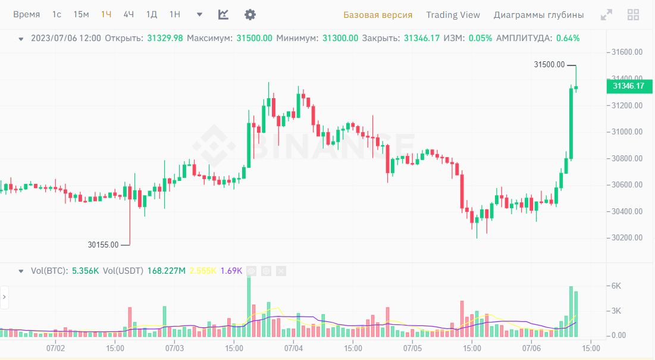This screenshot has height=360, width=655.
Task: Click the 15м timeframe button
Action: pos(81,15)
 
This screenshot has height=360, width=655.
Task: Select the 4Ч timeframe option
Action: pos(129,15)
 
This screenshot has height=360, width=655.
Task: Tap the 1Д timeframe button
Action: pos(152,15)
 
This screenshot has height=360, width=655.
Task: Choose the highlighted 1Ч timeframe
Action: pos(106,15)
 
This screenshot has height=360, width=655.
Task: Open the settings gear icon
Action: pos(250,15)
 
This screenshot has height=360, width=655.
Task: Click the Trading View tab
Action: pos(453,15)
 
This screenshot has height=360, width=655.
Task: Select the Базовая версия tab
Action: pos(377,15)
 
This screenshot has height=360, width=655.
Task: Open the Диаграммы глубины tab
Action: pos(538,15)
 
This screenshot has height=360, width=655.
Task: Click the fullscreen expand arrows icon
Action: pos(606,15)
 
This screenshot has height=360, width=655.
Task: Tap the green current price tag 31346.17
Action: pos(629,86)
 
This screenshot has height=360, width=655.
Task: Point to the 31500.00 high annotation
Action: pos(549,65)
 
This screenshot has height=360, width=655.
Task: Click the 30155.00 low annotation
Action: pos(103,245)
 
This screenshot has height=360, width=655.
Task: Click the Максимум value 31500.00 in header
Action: pos(254,38)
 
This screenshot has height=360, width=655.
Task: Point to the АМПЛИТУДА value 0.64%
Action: pos(568,38)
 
